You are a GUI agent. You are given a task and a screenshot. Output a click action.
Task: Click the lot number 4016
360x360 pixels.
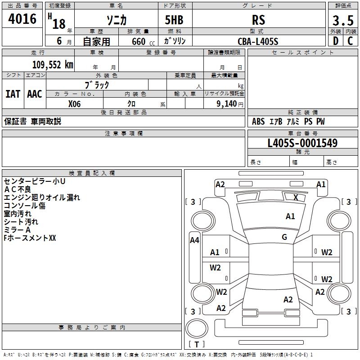point(22,19)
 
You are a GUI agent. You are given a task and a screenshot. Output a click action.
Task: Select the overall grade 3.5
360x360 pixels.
point(343,21)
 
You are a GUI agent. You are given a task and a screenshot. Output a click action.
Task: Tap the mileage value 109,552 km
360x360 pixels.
point(53,65)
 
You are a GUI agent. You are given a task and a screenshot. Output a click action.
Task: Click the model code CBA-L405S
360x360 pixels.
point(258,41)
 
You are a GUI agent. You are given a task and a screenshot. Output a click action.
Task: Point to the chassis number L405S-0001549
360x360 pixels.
point(302,143)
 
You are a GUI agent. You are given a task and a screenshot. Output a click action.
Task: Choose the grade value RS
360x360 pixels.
point(258,20)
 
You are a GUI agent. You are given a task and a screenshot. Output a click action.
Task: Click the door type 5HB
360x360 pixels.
point(174,20)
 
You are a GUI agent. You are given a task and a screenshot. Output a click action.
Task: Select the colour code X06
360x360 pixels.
point(74,104)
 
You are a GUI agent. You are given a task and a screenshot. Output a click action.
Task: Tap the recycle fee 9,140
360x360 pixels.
point(227,104)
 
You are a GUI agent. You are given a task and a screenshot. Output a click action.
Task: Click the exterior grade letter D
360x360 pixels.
point(336,41)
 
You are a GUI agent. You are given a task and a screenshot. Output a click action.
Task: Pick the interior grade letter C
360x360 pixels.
point(350,41)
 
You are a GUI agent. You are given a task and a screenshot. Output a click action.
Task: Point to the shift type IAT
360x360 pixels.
point(13,94)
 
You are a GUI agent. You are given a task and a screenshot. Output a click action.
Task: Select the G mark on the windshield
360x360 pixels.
point(284,237)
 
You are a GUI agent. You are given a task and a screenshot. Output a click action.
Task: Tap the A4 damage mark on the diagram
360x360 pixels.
point(194,240)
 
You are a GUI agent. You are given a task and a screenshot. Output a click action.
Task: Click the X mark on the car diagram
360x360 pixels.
point(296,197)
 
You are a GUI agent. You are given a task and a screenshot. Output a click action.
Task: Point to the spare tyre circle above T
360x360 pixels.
point(197,328)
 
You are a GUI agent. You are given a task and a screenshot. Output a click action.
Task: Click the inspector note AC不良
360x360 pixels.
point(18,189)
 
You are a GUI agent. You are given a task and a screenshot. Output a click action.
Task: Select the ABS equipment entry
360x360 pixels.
point(258,121)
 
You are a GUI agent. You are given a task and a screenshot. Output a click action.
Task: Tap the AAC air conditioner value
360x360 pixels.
point(35,94)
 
